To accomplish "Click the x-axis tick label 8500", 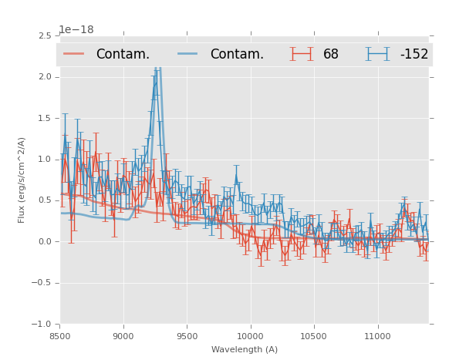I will point(59,335).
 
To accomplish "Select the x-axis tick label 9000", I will point(123,335).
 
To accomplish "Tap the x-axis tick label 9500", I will point(187,335).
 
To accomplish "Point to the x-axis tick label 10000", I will point(250,335).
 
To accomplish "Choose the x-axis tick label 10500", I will point(314,335).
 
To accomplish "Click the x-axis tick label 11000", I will point(377,335).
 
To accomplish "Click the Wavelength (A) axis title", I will point(245,349).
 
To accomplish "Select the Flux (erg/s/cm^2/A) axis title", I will point(22,180).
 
